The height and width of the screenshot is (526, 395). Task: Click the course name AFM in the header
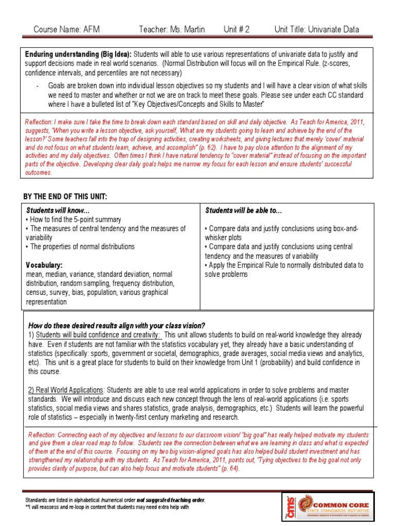(x=66, y=29)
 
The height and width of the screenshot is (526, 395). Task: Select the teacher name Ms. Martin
(x=172, y=29)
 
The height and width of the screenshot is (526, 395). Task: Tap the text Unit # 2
(x=237, y=29)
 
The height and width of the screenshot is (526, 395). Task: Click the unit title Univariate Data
(x=317, y=29)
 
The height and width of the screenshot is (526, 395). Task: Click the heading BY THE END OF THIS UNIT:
(x=65, y=197)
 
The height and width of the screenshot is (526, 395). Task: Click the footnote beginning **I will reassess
(x=107, y=507)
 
